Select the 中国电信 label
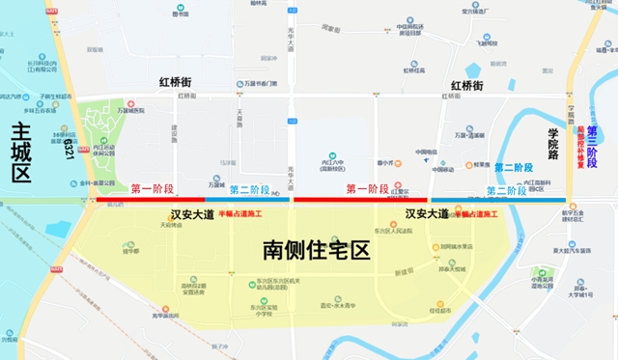(x=427, y=152)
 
